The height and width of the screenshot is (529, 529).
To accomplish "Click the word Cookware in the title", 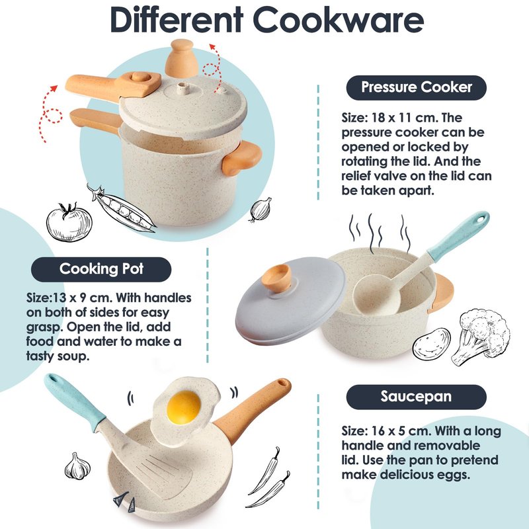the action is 338,20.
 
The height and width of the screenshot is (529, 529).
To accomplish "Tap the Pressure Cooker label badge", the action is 417,88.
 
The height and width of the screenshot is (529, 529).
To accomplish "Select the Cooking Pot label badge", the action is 101,269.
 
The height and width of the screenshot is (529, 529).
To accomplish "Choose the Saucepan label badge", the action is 417,397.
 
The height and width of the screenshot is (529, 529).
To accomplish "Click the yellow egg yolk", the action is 184,407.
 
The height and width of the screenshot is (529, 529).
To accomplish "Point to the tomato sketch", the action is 69,222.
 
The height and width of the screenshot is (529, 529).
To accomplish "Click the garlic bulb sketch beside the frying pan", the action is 77,466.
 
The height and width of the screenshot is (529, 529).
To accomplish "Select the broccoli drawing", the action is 481,337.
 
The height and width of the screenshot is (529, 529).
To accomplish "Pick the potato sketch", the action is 432,344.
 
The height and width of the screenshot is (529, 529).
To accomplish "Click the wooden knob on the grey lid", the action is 276,278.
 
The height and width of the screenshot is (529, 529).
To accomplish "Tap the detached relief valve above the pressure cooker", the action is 181,58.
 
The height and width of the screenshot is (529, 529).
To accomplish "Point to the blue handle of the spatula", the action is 75,401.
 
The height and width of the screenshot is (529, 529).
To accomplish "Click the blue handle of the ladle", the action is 459,236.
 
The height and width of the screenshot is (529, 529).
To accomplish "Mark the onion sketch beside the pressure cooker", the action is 261,210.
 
